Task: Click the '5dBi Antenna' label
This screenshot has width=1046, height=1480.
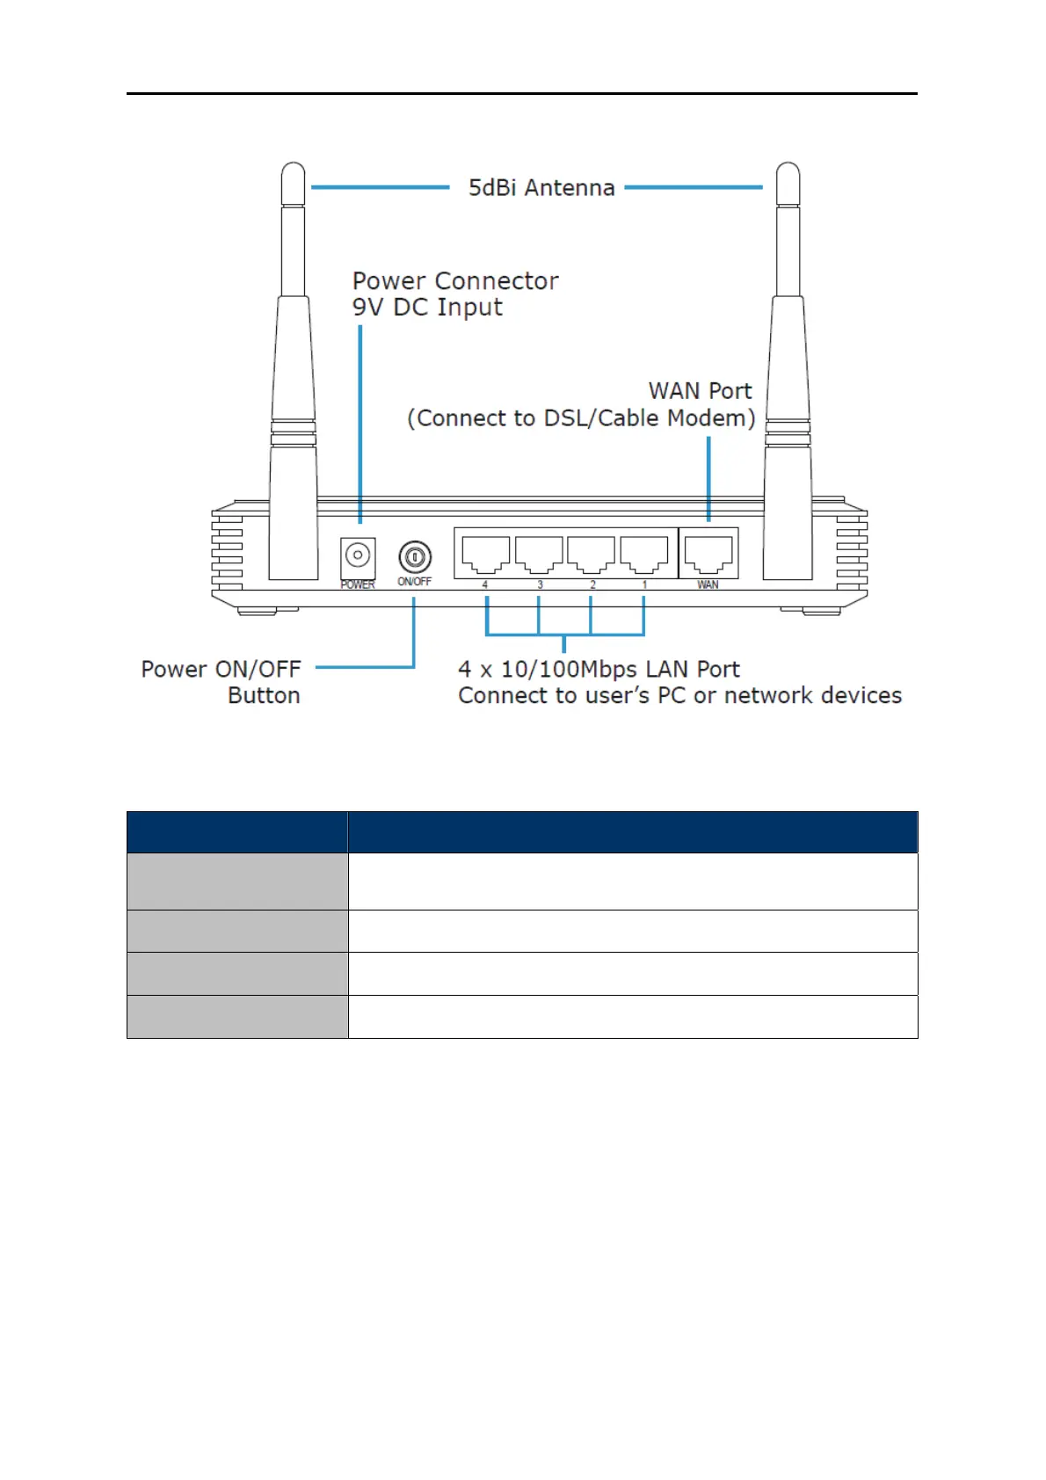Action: tap(541, 188)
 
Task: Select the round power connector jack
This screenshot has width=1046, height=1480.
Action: tap(357, 555)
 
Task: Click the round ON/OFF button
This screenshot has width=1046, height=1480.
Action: tap(415, 556)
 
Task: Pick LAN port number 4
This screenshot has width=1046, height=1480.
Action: tap(485, 554)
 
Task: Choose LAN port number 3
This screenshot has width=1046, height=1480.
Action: tap(538, 554)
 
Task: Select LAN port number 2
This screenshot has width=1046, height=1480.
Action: tap(591, 554)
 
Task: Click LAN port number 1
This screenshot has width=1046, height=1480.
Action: tap(643, 554)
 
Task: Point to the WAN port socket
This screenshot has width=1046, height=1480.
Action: tap(708, 554)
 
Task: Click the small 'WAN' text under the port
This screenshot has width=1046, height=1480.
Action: tap(708, 584)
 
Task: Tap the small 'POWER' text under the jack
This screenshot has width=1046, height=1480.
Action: tap(358, 584)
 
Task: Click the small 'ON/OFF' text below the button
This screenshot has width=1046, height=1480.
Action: tap(415, 582)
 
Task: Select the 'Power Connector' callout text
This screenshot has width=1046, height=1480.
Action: tap(455, 281)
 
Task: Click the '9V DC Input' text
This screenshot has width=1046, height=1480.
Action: tap(427, 308)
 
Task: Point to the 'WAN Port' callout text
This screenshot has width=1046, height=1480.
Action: tap(700, 391)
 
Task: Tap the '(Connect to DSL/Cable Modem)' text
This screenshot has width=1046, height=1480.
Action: tap(581, 418)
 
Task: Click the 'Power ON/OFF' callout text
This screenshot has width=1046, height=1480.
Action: tap(221, 670)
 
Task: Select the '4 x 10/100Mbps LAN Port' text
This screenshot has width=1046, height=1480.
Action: tap(599, 670)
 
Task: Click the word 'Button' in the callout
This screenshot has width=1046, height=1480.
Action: tap(264, 696)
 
